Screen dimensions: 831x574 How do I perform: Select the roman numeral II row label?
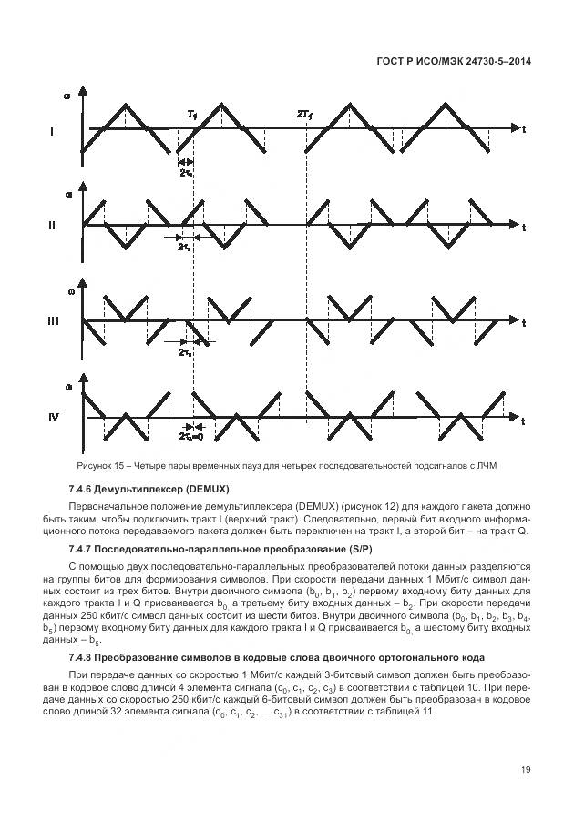(x=52, y=226)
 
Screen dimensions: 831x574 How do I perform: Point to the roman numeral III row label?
(x=52, y=321)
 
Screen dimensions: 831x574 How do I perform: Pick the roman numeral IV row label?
(x=54, y=418)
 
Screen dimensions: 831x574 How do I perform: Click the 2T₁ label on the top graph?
(x=303, y=113)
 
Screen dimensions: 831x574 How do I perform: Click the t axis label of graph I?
(x=524, y=129)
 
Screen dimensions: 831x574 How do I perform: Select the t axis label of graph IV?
(x=524, y=422)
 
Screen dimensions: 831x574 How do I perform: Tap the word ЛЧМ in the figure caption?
(x=492, y=466)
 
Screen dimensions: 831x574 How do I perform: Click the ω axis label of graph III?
(x=68, y=292)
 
